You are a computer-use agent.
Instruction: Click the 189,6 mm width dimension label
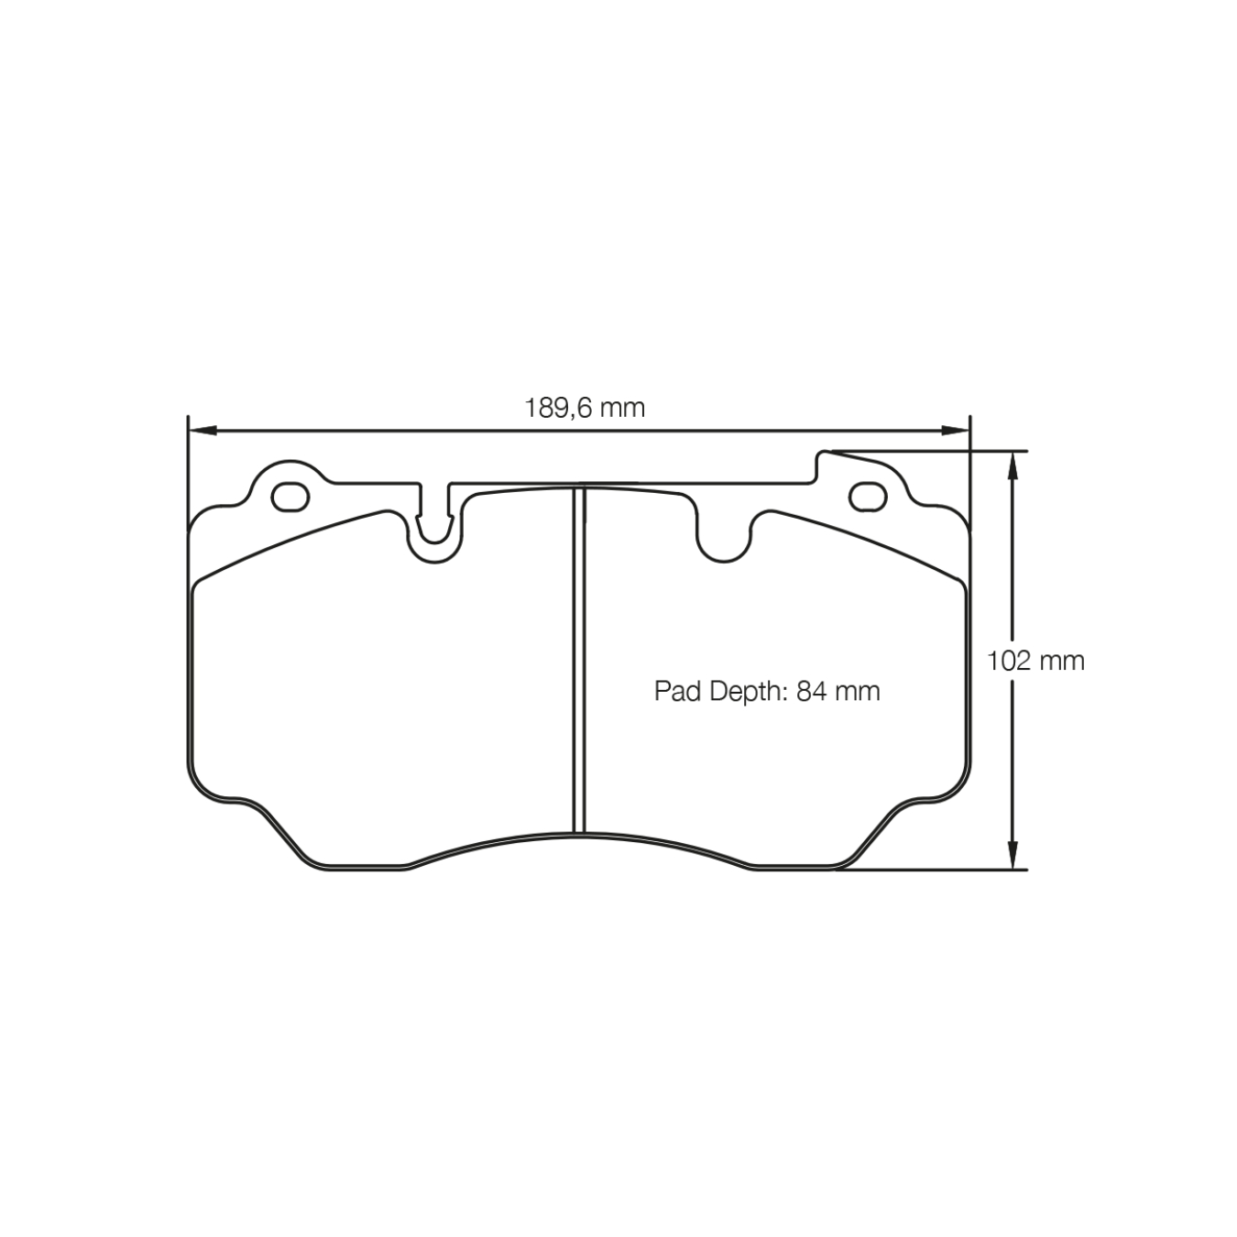coord(584,407)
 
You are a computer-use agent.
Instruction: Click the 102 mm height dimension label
coord(1035,661)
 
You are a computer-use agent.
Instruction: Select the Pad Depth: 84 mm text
coord(767,691)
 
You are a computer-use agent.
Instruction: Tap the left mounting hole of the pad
coord(291,496)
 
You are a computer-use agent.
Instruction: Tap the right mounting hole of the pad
coord(868,497)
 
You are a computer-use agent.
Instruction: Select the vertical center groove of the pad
coord(579,660)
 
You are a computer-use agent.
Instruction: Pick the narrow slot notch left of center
coord(434,522)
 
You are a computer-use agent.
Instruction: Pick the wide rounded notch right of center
coord(724,536)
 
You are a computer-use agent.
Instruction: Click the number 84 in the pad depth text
coord(808,691)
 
